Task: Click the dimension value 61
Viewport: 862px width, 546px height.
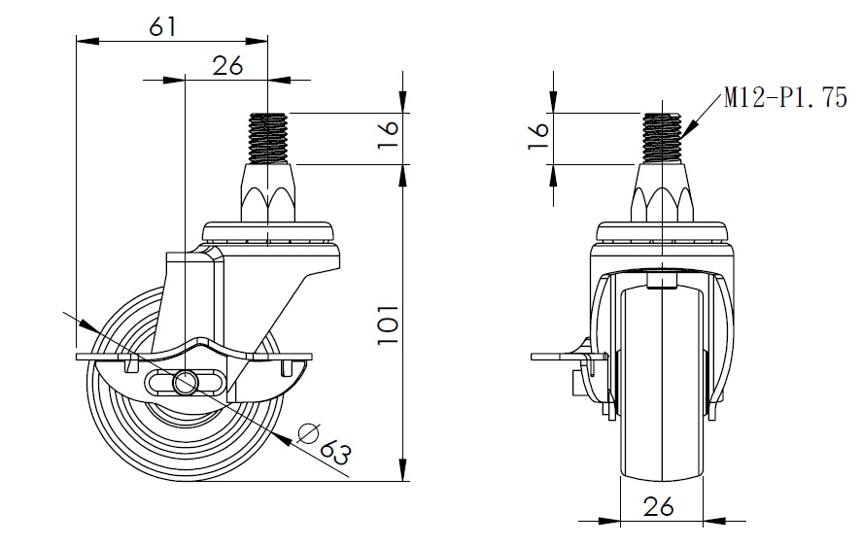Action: click(162, 26)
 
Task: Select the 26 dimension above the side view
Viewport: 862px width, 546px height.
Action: click(226, 65)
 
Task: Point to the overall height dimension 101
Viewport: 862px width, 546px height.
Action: click(388, 323)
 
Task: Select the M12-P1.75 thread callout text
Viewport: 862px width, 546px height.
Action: click(785, 98)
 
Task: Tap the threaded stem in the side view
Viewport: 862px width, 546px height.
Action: click(268, 136)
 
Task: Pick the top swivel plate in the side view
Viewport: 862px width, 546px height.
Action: click(270, 234)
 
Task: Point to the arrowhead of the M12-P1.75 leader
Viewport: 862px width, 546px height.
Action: click(692, 126)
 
